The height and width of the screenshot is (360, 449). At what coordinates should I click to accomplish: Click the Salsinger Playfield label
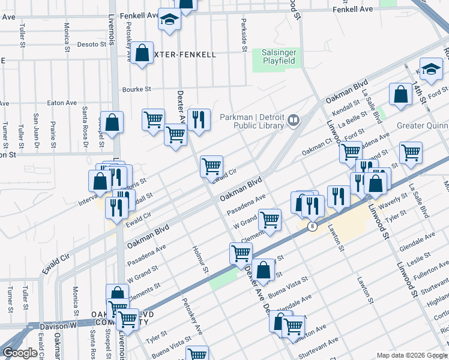[279, 57]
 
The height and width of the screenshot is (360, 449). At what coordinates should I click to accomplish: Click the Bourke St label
[136, 89]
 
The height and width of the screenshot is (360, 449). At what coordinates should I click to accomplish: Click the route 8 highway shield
[312, 226]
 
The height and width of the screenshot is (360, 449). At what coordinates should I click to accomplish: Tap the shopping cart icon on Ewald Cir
[211, 166]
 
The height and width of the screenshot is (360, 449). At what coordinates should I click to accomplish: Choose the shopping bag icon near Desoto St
[142, 53]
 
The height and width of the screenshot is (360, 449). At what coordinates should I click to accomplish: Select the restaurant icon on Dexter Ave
[199, 119]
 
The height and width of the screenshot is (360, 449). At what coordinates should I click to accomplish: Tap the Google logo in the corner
[20, 353]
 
